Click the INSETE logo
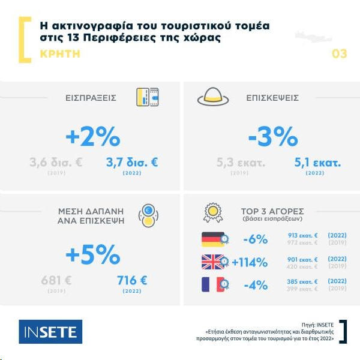coord(50,332)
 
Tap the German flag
coord(213,239)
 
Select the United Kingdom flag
coord(213,262)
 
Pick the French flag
coord(213,284)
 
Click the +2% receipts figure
coord(93,137)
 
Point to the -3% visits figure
coord(273,137)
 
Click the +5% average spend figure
coord(93,254)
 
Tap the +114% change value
coord(249,262)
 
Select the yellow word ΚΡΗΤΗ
coord(59,54)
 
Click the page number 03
coord(339,54)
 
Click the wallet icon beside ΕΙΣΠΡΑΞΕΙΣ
coord(147,97)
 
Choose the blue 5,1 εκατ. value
coord(317,162)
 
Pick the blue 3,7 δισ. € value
coord(131,162)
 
